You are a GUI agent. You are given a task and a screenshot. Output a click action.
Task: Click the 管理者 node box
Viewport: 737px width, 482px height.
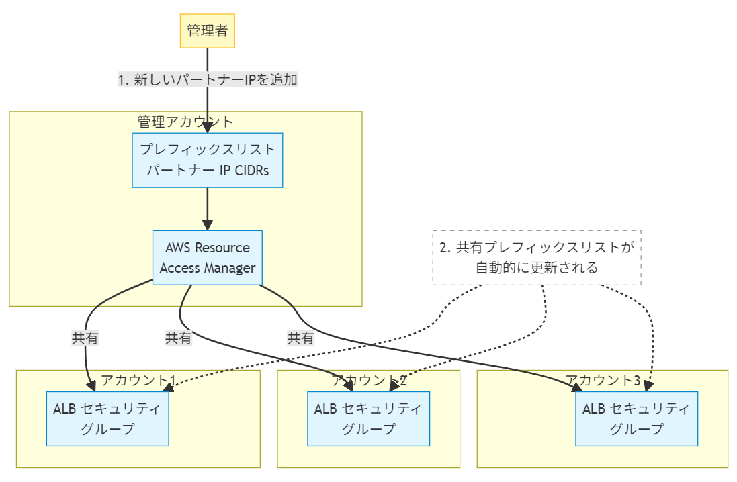pyautogui.click(x=208, y=31)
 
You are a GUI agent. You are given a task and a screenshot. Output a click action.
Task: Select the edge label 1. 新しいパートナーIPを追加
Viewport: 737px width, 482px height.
pyautogui.click(x=208, y=79)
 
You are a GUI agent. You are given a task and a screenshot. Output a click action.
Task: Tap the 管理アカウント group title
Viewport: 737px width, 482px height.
pyautogui.click(x=185, y=122)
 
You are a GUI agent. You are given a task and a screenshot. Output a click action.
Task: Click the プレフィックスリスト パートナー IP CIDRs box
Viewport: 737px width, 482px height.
pyautogui.click(x=208, y=159)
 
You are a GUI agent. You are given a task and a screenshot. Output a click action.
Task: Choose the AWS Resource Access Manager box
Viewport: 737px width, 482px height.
pyautogui.click(x=208, y=258)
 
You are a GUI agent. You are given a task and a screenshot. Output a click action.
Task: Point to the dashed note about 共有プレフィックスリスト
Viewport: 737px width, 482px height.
pyautogui.click(x=537, y=257)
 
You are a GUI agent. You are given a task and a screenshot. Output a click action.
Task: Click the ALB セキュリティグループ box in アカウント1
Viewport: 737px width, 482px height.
pyautogui.click(x=107, y=418)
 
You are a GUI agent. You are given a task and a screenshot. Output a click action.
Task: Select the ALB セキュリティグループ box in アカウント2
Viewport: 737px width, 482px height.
pyautogui.click(x=368, y=418)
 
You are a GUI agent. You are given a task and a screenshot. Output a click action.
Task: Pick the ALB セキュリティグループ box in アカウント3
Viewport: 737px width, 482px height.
pyautogui.click(x=636, y=418)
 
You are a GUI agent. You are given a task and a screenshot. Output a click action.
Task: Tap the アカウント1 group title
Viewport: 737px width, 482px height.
pyautogui.click(x=138, y=381)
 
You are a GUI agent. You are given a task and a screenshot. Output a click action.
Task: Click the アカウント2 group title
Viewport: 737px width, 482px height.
pyautogui.click(x=369, y=381)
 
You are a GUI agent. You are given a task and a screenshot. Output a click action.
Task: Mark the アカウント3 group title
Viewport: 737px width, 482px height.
pyautogui.click(x=603, y=381)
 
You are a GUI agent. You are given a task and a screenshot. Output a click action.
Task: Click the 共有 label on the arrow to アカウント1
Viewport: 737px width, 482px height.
pyautogui.click(x=85, y=338)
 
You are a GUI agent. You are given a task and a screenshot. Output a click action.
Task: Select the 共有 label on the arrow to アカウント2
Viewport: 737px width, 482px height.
pyautogui.click(x=179, y=338)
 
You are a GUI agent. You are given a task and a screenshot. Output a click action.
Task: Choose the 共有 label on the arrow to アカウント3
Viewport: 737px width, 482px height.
pyautogui.click(x=301, y=338)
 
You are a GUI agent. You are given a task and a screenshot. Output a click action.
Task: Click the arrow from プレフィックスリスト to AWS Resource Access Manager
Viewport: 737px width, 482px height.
pyautogui.click(x=208, y=208)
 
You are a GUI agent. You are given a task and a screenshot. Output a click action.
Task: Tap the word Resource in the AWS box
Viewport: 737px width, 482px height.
pyautogui.click(x=222, y=248)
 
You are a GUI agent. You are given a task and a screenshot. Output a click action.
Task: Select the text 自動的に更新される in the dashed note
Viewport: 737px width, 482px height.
pyautogui.click(x=537, y=268)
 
